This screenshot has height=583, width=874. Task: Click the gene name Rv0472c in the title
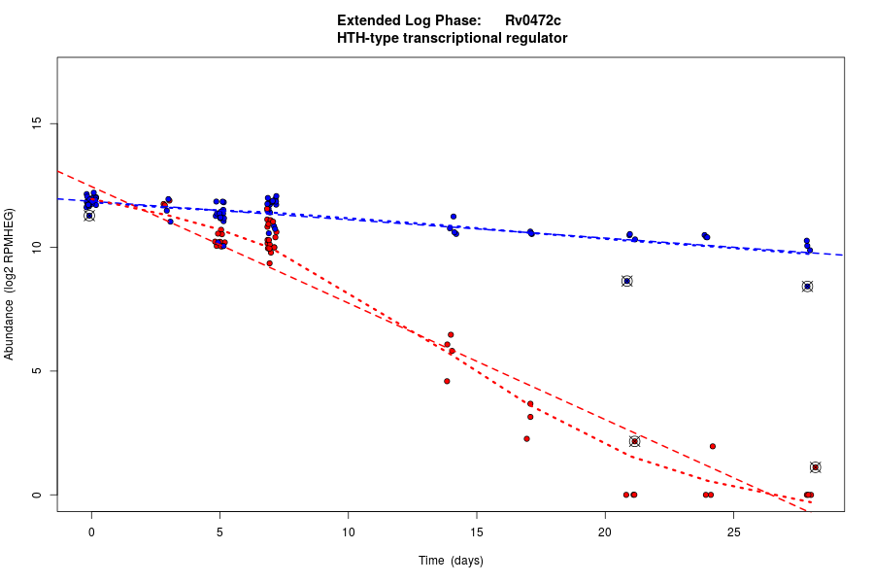click(532, 20)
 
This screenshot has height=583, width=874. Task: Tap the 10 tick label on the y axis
click(39, 248)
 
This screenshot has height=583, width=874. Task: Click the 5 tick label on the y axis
click(39, 371)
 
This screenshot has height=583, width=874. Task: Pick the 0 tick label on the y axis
click(39, 495)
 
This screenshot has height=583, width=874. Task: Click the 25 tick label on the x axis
click(732, 531)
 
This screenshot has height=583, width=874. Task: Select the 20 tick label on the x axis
click(604, 531)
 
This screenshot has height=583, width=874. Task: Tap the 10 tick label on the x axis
click(348, 531)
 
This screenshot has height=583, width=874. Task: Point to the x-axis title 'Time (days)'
click(451, 561)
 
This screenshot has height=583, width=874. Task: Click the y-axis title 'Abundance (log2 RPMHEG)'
click(10, 284)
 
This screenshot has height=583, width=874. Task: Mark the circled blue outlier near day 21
click(627, 281)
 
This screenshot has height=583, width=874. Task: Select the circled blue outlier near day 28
click(807, 287)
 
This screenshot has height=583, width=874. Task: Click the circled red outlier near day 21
click(635, 441)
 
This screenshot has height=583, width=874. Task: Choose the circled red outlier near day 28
click(816, 467)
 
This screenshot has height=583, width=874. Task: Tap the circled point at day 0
click(89, 216)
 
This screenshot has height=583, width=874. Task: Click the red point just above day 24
click(713, 446)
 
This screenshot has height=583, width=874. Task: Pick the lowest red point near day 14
click(447, 381)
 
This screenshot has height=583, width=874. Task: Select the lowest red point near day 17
click(526, 438)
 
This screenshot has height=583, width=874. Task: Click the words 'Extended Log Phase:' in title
click(409, 20)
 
